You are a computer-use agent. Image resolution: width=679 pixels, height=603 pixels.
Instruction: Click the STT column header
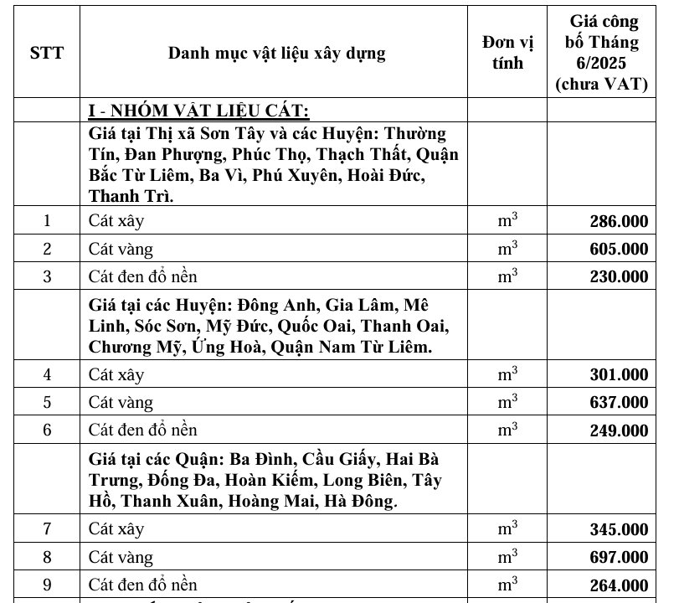tap(47, 54)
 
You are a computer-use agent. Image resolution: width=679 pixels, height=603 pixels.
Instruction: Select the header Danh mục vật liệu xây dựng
tap(276, 54)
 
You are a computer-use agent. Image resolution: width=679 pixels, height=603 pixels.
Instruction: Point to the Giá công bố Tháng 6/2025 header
tap(604, 52)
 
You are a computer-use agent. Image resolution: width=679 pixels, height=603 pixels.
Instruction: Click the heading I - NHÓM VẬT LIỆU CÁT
tap(200, 111)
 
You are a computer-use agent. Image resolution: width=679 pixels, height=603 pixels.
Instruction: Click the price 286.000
tap(618, 222)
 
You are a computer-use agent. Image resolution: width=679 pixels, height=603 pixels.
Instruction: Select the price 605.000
tap(618, 249)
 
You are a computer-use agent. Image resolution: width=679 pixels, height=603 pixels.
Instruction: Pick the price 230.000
tap(618, 276)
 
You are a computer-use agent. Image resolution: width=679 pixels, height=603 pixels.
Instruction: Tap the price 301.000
tap(618, 375)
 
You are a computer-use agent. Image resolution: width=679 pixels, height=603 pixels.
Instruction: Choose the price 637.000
tap(618, 403)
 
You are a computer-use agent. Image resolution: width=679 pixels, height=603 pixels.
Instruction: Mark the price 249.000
tap(618, 430)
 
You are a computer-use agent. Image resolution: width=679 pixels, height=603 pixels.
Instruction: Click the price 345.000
tap(618, 529)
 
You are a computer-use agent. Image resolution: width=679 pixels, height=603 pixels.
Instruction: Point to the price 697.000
tap(618, 557)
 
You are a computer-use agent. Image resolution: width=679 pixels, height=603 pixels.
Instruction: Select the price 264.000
tap(618, 585)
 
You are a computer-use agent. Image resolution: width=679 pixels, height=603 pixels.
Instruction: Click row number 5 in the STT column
tap(47, 402)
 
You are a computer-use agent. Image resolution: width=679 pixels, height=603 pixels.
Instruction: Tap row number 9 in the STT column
tap(47, 584)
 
